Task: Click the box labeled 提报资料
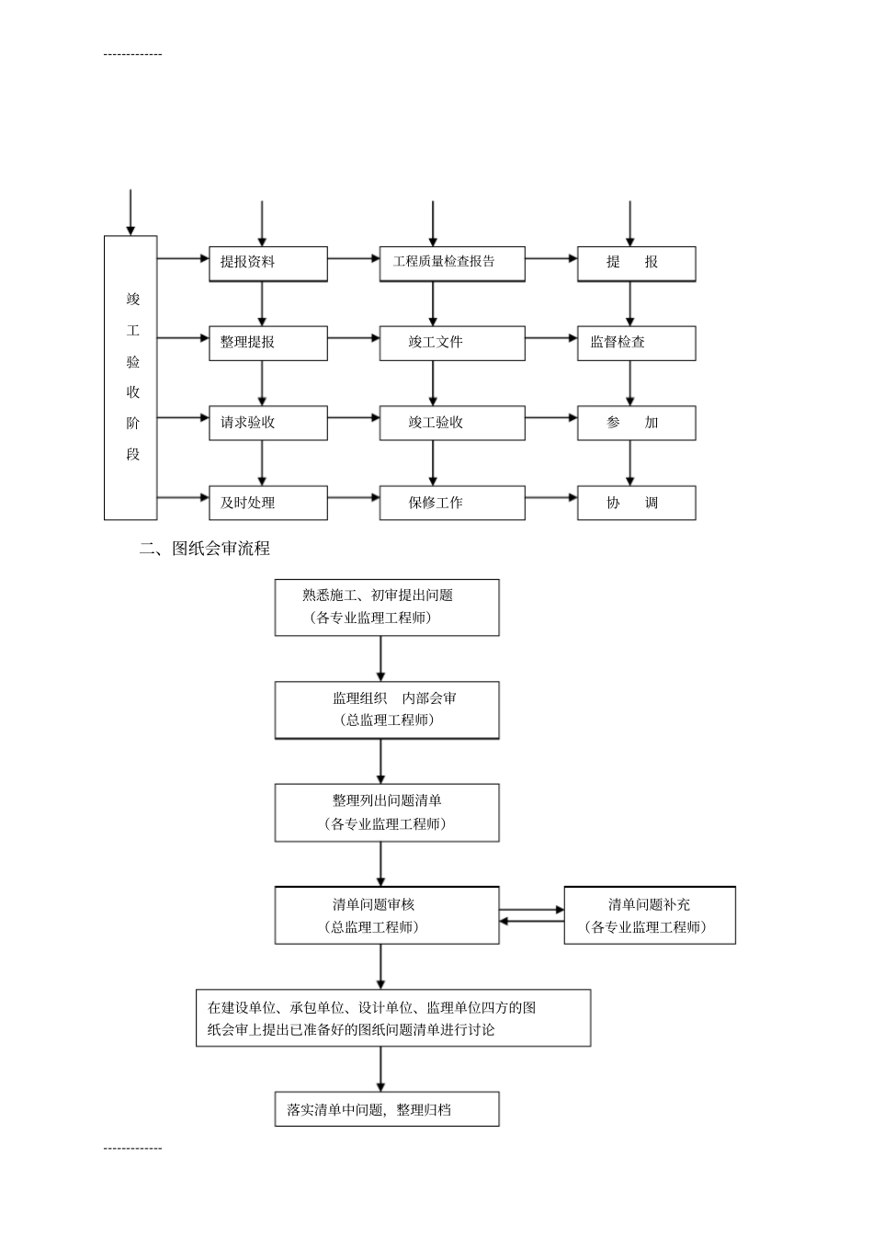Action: click(x=267, y=263)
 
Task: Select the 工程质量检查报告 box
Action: click(x=452, y=263)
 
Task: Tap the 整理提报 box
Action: click(x=267, y=343)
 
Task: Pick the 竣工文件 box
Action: click(x=452, y=343)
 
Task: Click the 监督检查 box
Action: click(x=636, y=343)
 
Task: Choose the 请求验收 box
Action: click(x=267, y=423)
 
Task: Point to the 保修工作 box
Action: click(x=452, y=503)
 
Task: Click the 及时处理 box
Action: click(x=267, y=503)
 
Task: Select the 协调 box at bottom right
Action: click(x=636, y=503)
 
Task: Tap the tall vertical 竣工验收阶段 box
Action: click(x=130, y=377)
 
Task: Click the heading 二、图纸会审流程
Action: click(x=204, y=549)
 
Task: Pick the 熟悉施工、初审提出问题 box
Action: click(x=387, y=607)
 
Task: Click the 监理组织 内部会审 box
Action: click(x=387, y=709)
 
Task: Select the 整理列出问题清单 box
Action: click(x=387, y=812)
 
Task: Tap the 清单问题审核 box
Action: click(x=387, y=915)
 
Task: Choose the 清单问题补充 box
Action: click(x=649, y=915)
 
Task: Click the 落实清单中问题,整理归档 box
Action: click(x=387, y=1109)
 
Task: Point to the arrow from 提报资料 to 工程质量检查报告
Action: click(x=354, y=259)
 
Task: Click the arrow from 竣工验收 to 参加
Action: click(x=551, y=419)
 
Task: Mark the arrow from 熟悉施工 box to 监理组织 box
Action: click(x=381, y=658)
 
